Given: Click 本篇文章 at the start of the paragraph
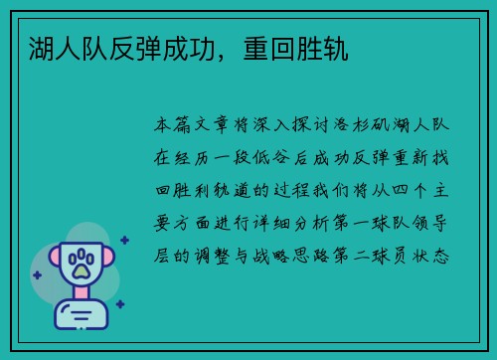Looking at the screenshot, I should pyautogui.click(x=198, y=127).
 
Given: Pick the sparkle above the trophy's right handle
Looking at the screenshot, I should pyautogui.click(x=123, y=240).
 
